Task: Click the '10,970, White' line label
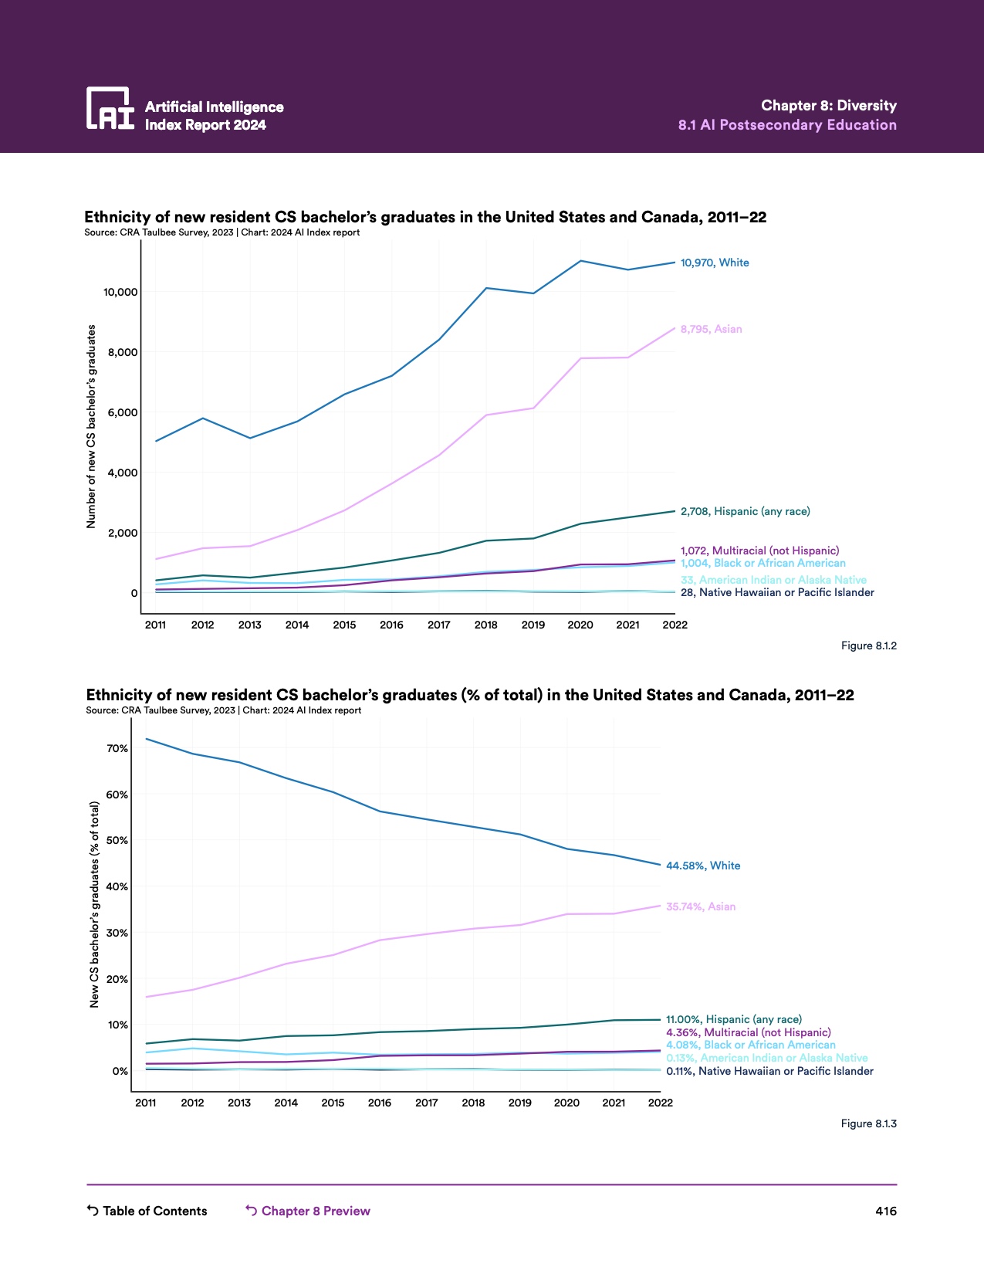coord(714,263)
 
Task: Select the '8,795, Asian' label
coord(711,329)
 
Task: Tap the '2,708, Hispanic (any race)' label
coord(745,511)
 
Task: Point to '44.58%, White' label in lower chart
coord(702,866)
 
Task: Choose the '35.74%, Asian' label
coord(700,906)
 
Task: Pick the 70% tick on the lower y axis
coord(117,748)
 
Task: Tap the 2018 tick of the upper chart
coord(485,625)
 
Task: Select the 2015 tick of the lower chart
coord(333,1103)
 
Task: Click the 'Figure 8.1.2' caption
coord(868,645)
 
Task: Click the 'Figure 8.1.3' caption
coord(868,1123)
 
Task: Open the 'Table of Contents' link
coord(147,1211)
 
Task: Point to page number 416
coord(886,1211)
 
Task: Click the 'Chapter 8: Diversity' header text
coord(828,106)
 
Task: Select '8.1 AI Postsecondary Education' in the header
coord(787,125)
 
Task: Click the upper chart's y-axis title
coord(91,426)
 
